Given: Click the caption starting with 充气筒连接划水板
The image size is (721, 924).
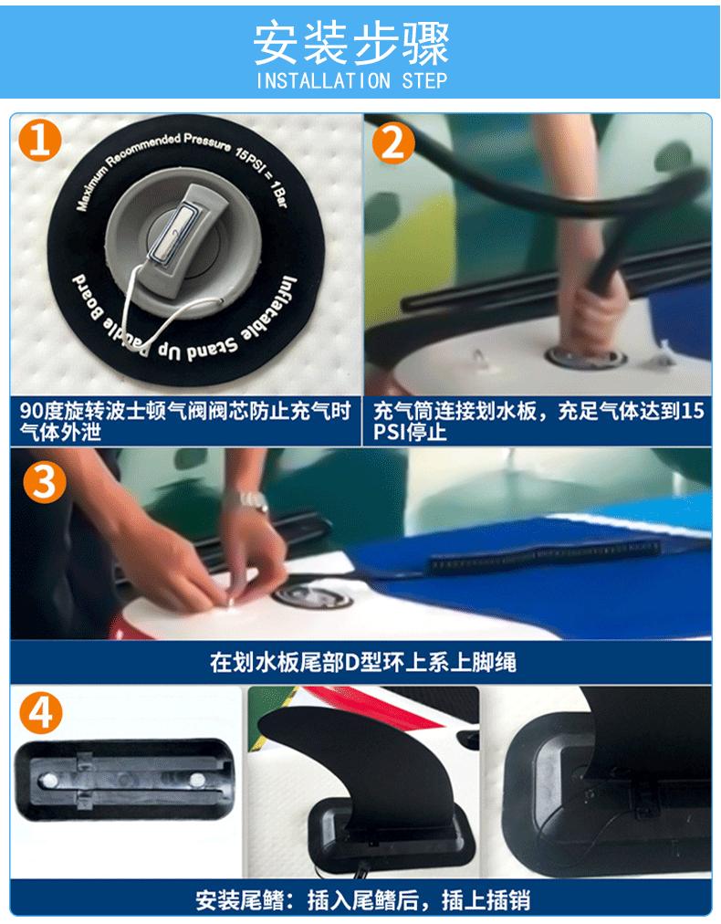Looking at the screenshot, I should (538, 421).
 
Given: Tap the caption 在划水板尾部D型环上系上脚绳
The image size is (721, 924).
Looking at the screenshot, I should (361, 660).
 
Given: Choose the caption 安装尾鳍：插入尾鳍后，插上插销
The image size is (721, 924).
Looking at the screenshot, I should (361, 901).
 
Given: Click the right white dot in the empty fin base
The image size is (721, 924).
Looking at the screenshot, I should (194, 779).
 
